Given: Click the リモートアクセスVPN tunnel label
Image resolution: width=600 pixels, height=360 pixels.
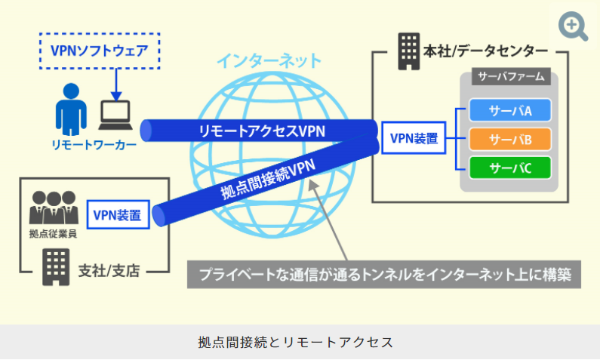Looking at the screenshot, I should pos(261,131).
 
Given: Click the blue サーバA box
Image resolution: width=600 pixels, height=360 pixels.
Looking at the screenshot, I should pos(510,112).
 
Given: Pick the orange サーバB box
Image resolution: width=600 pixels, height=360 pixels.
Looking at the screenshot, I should pos(510,139).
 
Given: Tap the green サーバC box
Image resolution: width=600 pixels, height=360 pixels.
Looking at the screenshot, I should pos(510,167).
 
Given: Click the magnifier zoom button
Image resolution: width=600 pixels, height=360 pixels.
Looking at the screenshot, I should pos(573,26).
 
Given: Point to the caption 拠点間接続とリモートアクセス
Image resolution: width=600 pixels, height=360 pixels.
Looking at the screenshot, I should pos(300,341).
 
